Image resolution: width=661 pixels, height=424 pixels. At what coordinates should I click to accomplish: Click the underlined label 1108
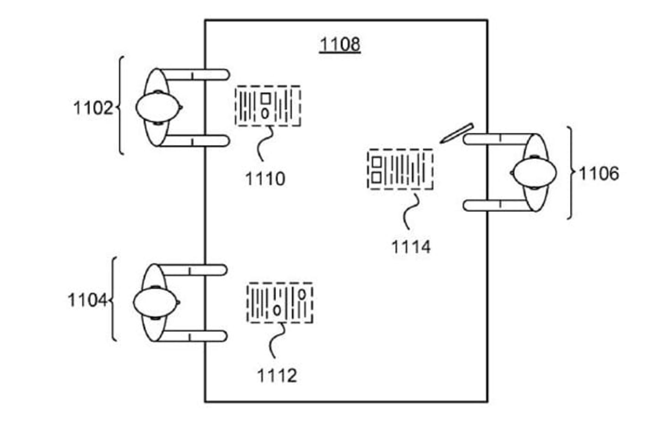(x=340, y=45)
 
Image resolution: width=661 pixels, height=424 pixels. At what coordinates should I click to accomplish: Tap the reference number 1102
(x=93, y=108)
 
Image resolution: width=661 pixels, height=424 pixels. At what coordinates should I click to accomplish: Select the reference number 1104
(x=87, y=300)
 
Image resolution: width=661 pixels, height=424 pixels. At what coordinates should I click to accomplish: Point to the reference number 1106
(x=599, y=173)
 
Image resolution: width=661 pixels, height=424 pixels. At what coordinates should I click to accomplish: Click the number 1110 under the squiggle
(x=265, y=179)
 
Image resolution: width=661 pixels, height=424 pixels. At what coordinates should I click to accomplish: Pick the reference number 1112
(x=277, y=375)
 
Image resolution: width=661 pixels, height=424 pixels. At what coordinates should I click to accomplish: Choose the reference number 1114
(x=411, y=247)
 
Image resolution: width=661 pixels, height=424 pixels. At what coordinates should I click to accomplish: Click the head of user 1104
(x=155, y=302)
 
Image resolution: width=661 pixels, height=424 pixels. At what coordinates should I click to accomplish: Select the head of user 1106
(x=535, y=173)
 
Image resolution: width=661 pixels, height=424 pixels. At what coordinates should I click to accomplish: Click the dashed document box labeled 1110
(x=268, y=106)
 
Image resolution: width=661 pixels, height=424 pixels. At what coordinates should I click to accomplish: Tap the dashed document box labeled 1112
(x=280, y=303)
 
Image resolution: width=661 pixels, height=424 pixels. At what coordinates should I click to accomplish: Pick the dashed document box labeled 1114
(x=400, y=169)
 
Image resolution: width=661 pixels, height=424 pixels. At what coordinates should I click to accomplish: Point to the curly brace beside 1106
(x=571, y=173)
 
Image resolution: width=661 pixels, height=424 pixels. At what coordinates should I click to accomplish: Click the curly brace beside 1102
(x=120, y=105)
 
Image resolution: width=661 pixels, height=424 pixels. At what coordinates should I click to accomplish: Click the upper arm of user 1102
(x=195, y=75)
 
